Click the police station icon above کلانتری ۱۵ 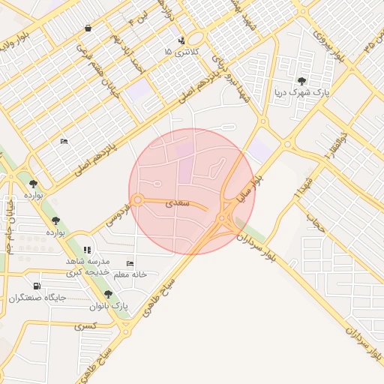[181, 40]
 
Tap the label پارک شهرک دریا [301, 93]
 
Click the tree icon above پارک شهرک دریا [301, 81]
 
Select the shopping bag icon [88, 28]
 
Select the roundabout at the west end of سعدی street [138, 199]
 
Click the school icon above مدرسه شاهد [87, 250]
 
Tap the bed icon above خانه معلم [130, 264]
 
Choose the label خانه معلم [129, 274]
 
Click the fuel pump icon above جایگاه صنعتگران [37, 286]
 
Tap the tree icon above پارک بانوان [109, 294]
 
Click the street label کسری [85, 326]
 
